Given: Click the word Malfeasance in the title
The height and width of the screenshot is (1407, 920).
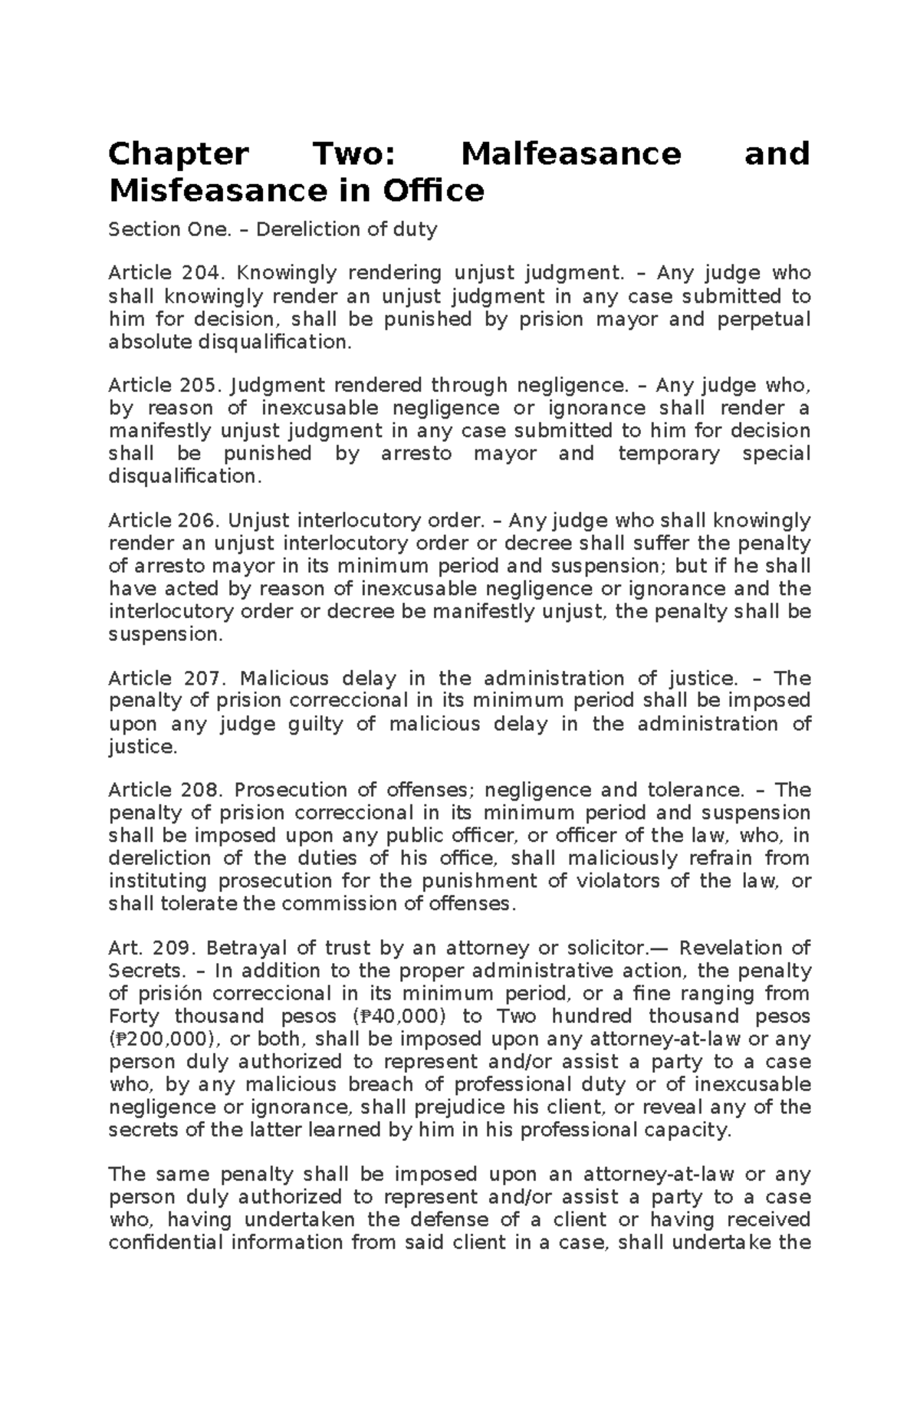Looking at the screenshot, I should coord(571,154).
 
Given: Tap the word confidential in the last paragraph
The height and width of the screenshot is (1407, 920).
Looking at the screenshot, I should coord(165,1242).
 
